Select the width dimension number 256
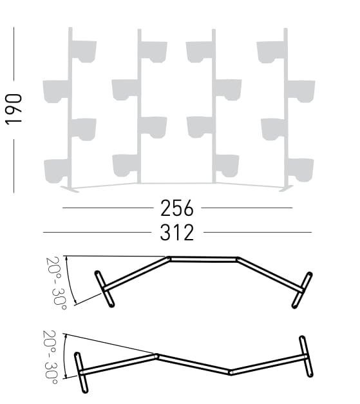click(176, 208)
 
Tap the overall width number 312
click(176, 232)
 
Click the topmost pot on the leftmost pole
click(84, 50)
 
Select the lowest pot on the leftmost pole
click(57, 169)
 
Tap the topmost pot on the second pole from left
click(153, 50)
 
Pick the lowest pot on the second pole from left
click(126, 164)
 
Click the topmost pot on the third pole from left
click(200, 50)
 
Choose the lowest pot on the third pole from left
click(227, 164)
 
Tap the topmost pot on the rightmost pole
click(270, 50)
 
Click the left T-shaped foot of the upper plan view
click(104, 288)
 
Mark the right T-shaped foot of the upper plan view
click(302, 289)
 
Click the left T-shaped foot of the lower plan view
click(81, 372)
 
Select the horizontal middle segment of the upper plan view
click(204, 260)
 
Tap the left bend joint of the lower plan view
click(156, 355)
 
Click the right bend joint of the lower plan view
click(231, 371)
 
